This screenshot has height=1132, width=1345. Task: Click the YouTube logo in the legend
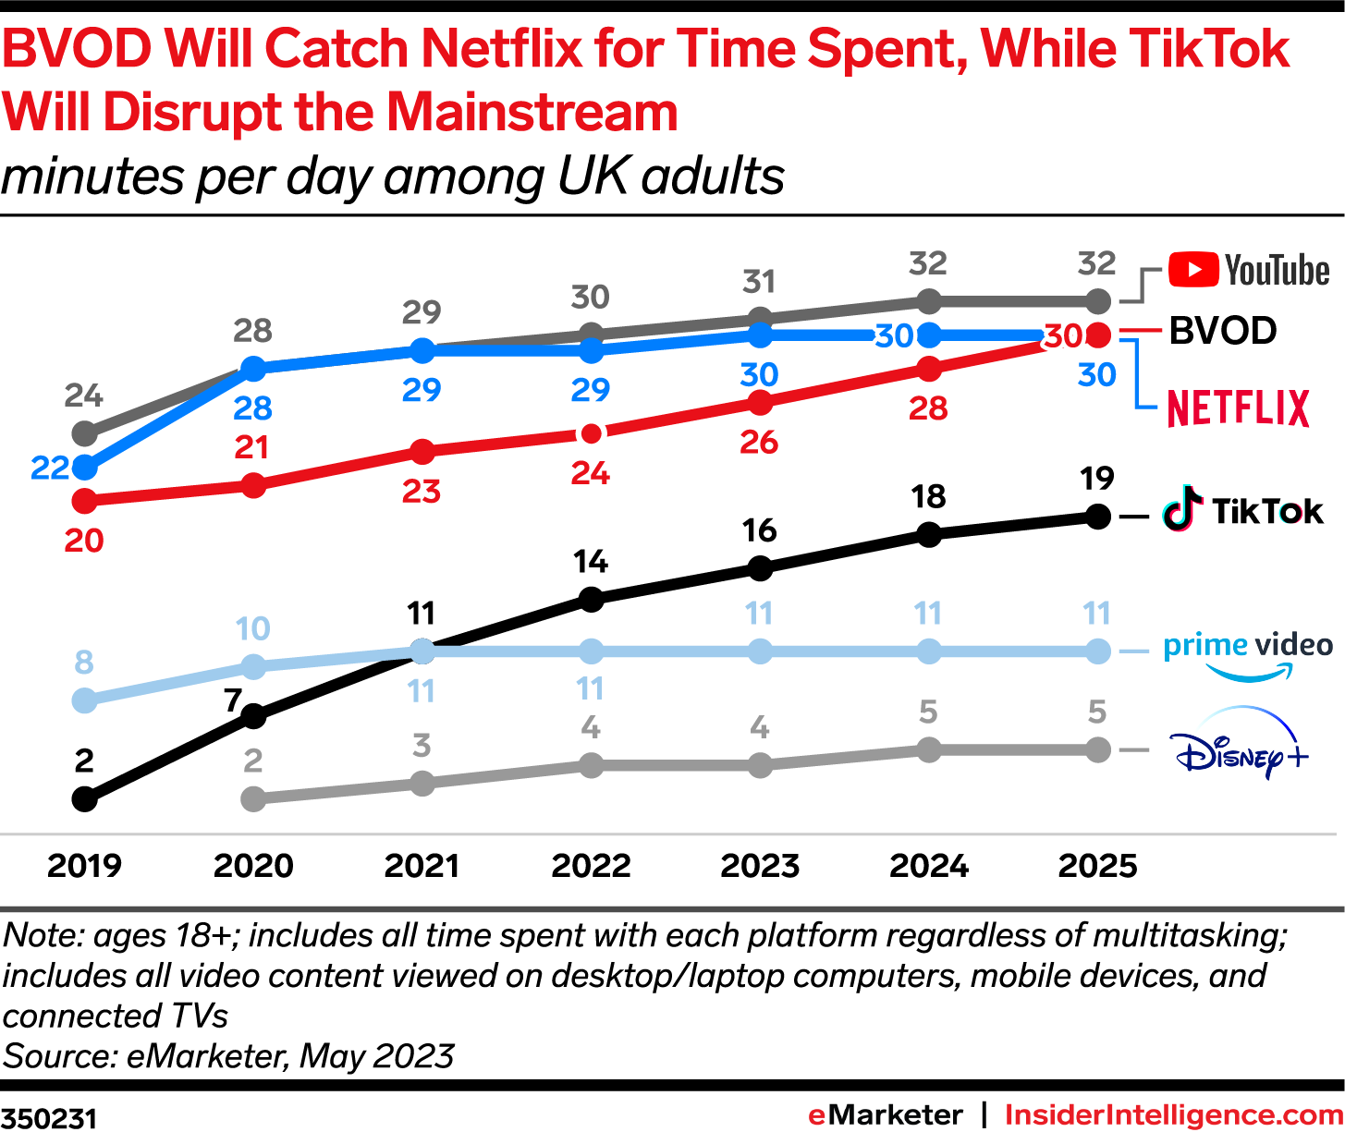1248,271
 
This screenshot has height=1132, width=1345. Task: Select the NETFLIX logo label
1238,408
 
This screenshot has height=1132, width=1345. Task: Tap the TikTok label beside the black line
1243,511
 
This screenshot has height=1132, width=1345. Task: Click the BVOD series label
1222,331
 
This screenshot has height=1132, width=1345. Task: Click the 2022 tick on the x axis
591,866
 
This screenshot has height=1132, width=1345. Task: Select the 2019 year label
84,866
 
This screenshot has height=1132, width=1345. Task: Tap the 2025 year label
1097,866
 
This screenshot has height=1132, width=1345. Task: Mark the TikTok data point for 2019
84,798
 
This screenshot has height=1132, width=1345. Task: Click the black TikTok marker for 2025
1097,517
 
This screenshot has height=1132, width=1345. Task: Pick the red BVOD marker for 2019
84,501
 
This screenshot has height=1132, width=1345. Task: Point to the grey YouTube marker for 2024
929,301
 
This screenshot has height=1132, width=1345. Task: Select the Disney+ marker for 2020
253,798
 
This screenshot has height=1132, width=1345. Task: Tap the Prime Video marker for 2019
84,700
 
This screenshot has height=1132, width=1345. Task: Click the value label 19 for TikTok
1097,479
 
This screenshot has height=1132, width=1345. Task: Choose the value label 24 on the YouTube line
84,396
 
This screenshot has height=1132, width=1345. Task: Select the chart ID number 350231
48,1117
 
